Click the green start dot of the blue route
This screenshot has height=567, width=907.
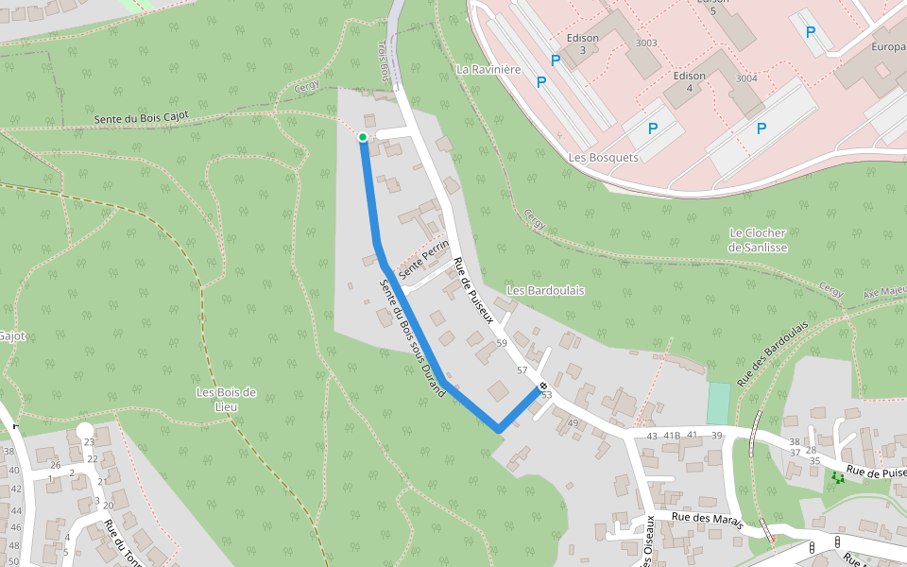pos(362,137)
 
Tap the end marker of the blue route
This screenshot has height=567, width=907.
pos(543,386)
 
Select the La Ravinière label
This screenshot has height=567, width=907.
pos(488,69)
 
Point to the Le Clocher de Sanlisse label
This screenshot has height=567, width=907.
pos(758,240)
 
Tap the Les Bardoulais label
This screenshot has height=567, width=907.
pos(545,290)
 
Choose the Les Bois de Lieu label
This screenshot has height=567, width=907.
pos(226,399)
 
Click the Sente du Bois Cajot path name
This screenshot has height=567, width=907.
pos(142,118)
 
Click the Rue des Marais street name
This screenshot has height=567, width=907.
pos(708,518)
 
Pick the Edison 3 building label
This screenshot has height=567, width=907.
pos(583,43)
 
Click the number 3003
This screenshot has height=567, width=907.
pos(646,43)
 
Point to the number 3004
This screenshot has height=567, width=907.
pos(746,78)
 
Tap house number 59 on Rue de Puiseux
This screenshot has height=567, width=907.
pos(502,343)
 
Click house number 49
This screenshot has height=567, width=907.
pos(573,422)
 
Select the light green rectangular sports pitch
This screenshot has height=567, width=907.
pos(718,404)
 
